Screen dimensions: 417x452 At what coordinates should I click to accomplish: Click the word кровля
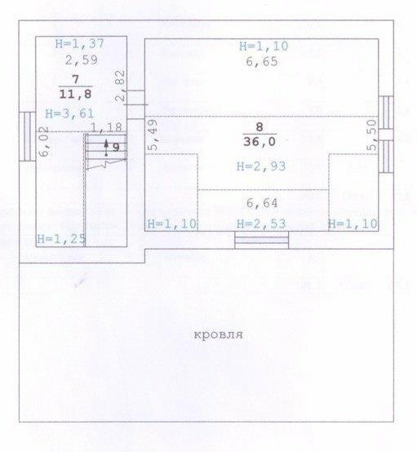218,335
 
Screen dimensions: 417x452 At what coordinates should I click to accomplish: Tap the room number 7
76,79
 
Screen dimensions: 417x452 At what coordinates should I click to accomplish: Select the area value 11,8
76,95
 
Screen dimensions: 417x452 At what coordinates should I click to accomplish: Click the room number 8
260,126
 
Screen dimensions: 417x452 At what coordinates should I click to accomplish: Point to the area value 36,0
260,142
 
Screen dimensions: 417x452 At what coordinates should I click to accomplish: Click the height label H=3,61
69,113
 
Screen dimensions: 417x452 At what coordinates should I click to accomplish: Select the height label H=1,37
80,43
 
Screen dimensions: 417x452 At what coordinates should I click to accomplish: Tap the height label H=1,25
61,239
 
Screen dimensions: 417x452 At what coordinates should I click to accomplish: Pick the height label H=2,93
261,166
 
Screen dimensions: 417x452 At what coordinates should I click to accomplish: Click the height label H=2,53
261,224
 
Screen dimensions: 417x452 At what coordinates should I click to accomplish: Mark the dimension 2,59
82,60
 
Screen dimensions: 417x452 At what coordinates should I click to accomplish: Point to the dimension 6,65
262,62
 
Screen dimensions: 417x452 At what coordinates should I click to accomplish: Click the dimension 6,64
262,203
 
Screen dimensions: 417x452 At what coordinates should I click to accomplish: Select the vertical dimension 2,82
121,86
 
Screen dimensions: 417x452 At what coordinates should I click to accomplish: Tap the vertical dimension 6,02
43,142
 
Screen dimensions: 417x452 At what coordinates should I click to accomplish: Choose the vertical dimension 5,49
153,135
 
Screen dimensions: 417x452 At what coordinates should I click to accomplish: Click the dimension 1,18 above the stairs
106,127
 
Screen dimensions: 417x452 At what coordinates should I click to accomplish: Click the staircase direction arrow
106,148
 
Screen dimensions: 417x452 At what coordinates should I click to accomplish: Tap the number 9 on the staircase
116,148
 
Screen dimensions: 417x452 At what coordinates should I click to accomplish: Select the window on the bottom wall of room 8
262,240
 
